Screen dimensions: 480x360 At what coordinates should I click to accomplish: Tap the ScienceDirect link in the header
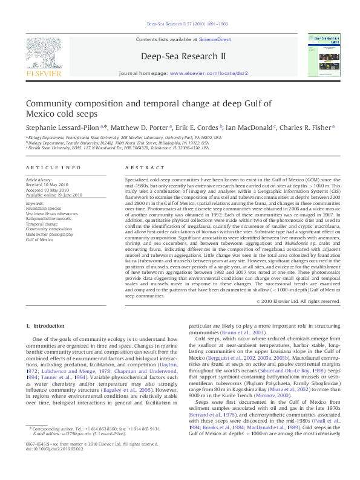[x=215, y=39]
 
